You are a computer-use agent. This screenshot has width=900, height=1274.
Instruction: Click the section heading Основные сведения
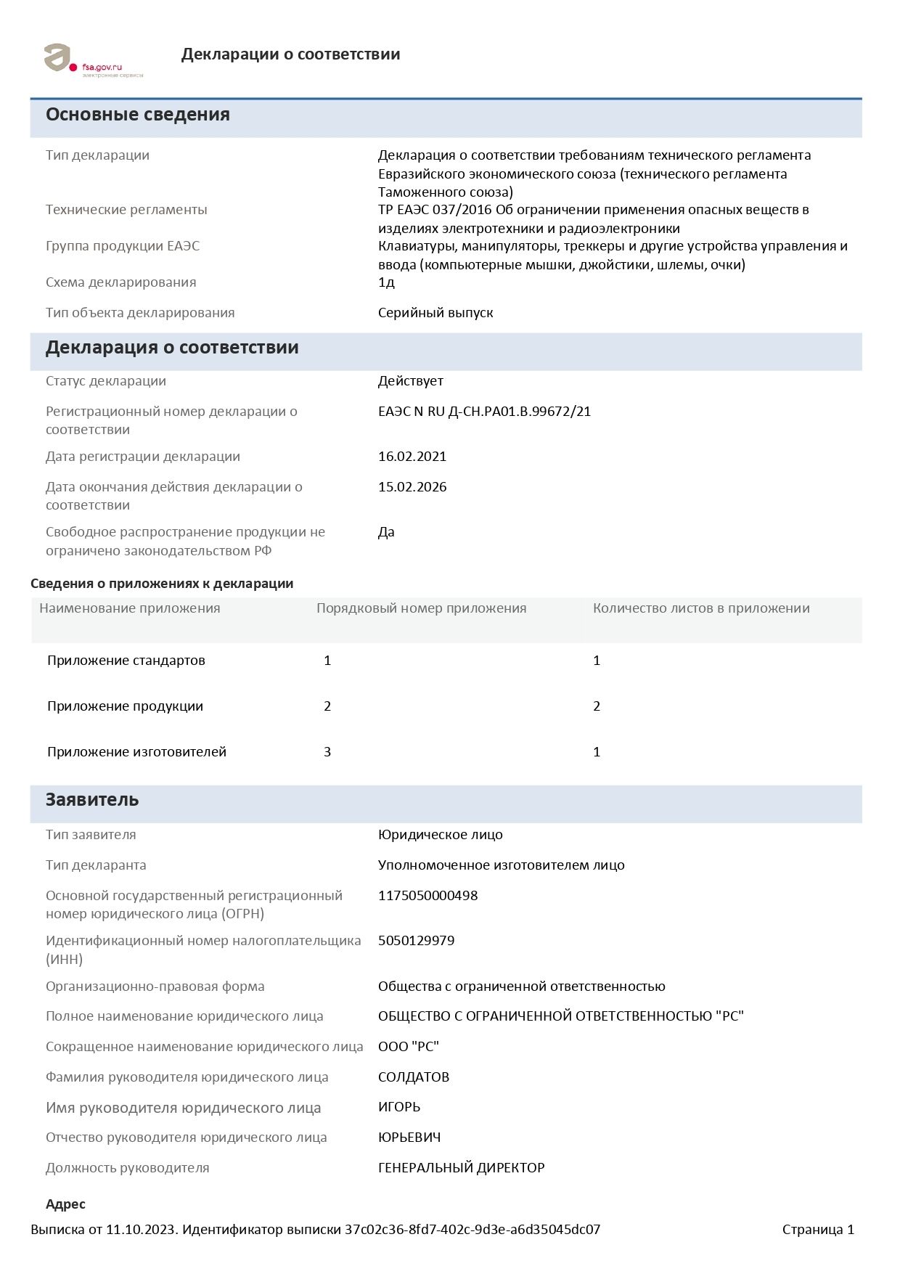(x=138, y=115)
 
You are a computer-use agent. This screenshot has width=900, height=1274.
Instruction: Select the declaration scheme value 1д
(x=386, y=282)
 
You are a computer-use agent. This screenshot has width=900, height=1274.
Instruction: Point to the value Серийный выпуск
(x=435, y=313)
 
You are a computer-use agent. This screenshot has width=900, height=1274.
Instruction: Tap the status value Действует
(x=410, y=381)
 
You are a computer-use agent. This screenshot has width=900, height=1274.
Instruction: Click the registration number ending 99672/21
(x=484, y=412)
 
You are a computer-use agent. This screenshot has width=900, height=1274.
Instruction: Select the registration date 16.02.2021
(x=412, y=457)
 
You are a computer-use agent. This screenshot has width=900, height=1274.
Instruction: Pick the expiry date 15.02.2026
(x=412, y=487)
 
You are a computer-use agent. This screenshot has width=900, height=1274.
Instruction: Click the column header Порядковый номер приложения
(x=421, y=608)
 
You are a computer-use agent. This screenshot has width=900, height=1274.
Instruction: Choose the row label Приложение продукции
(x=125, y=706)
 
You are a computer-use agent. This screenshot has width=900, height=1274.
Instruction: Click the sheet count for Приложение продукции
(x=597, y=706)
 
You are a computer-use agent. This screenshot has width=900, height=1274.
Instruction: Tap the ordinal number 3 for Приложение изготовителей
(x=327, y=752)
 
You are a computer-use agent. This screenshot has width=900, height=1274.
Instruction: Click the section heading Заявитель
(x=92, y=800)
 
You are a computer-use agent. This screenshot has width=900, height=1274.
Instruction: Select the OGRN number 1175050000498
(x=427, y=896)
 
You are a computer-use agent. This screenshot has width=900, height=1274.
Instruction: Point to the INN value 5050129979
(x=416, y=941)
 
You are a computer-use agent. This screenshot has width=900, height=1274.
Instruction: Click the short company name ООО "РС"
(x=409, y=1047)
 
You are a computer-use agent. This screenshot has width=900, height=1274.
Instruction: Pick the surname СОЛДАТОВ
(x=414, y=1077)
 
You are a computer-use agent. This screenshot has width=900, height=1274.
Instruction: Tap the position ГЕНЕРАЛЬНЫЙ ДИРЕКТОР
(x=461, y=1168)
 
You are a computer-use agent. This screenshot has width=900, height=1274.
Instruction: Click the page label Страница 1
(x=818, y=1230)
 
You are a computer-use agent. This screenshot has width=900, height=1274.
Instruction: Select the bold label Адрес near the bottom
(x=65, y=1204)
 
